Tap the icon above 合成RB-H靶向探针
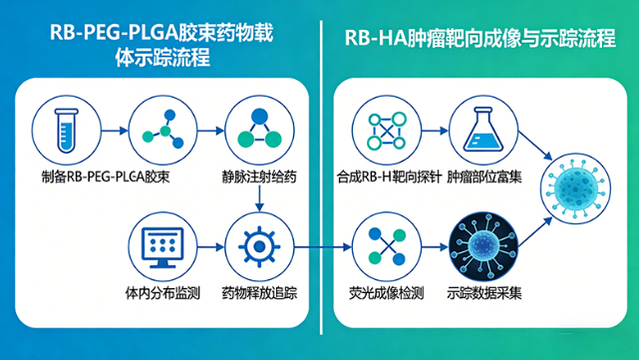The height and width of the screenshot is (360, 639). [385, 131]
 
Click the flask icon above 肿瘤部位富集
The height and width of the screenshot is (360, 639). [480, 131]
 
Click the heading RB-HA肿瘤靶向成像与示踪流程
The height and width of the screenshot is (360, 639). [479, 43]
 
